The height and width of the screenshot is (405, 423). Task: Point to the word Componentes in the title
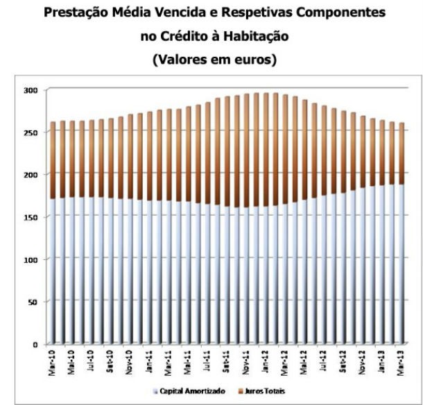(x=325, y=12)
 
